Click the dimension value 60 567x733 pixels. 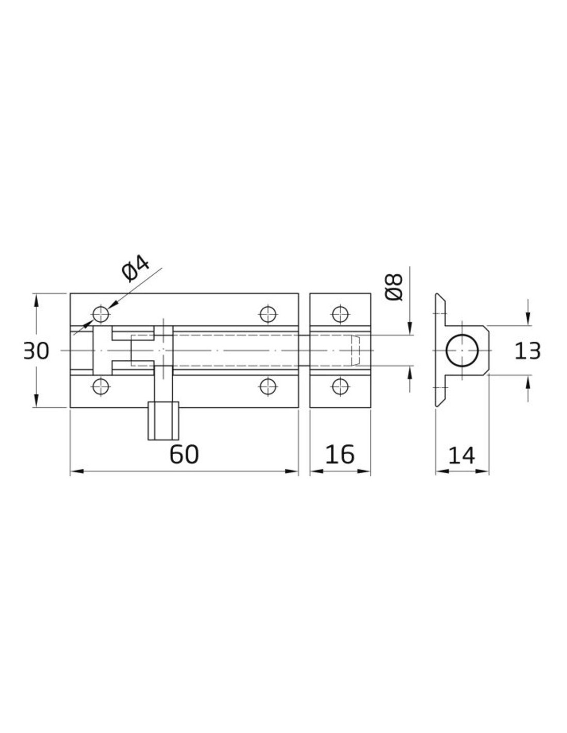pos(184,454)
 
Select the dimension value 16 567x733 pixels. pos(340,454)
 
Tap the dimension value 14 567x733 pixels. pos(462,455)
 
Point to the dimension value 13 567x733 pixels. pos(527,351)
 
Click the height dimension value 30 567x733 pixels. pos(37,351)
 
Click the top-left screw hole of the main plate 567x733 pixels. pos(101,314)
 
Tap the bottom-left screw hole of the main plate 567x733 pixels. pos(101,387)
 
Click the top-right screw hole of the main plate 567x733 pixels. pos(268,314)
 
